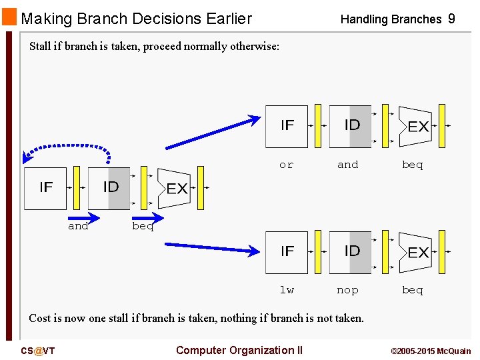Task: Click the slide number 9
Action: tap(451, 19)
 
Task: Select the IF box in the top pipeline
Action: tap(287, 126)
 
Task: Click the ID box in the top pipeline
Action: tap(351, 126)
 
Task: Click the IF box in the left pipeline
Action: tap(45, 189)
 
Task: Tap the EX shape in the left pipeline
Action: tap(175, 189)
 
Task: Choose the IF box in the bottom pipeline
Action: tap(287, 252)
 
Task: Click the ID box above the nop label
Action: tap(351, 252)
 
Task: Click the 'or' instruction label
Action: tap(286, 165)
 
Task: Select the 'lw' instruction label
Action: tap(286, 290)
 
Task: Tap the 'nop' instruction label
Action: tap(347, 290)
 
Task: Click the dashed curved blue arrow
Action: tap(67, 146)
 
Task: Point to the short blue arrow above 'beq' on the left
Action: tap(147, 217)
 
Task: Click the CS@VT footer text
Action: tap(37, 351)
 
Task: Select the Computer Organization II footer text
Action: tap(239, 350)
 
